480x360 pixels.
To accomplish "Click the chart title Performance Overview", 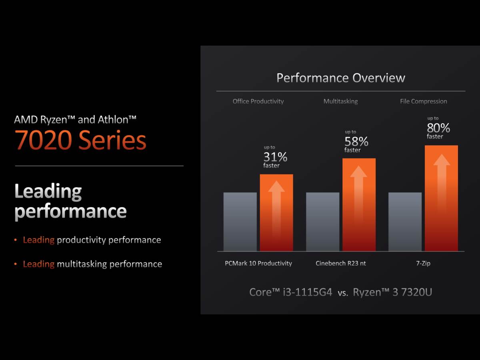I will (x=341, y=78).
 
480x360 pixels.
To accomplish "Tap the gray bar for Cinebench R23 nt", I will (x=322, y=222).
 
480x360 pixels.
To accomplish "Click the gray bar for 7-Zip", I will (x=405, y=222).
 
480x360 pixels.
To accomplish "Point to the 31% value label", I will (x=275, y=157).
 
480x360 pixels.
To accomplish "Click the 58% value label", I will (x=356, y=141).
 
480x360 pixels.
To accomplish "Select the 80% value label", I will (x=438, y=128).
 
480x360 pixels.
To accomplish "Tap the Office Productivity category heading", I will (x=258, y=101).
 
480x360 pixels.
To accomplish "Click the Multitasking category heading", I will (x=340, y=101).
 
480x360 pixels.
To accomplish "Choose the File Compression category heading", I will (x=423, y=101).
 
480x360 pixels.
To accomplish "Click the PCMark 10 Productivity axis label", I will (x=258, y=263).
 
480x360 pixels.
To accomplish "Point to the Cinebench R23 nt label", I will (x=341, y=263).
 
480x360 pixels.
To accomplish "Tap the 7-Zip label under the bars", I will (x=423, y=263).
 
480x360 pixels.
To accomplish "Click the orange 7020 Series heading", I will (x=80, y=141).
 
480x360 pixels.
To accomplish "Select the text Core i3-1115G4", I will (x=291, y=292).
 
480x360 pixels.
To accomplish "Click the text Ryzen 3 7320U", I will (x=392, y=292).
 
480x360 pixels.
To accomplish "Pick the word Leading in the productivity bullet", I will (x=38, y=240).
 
